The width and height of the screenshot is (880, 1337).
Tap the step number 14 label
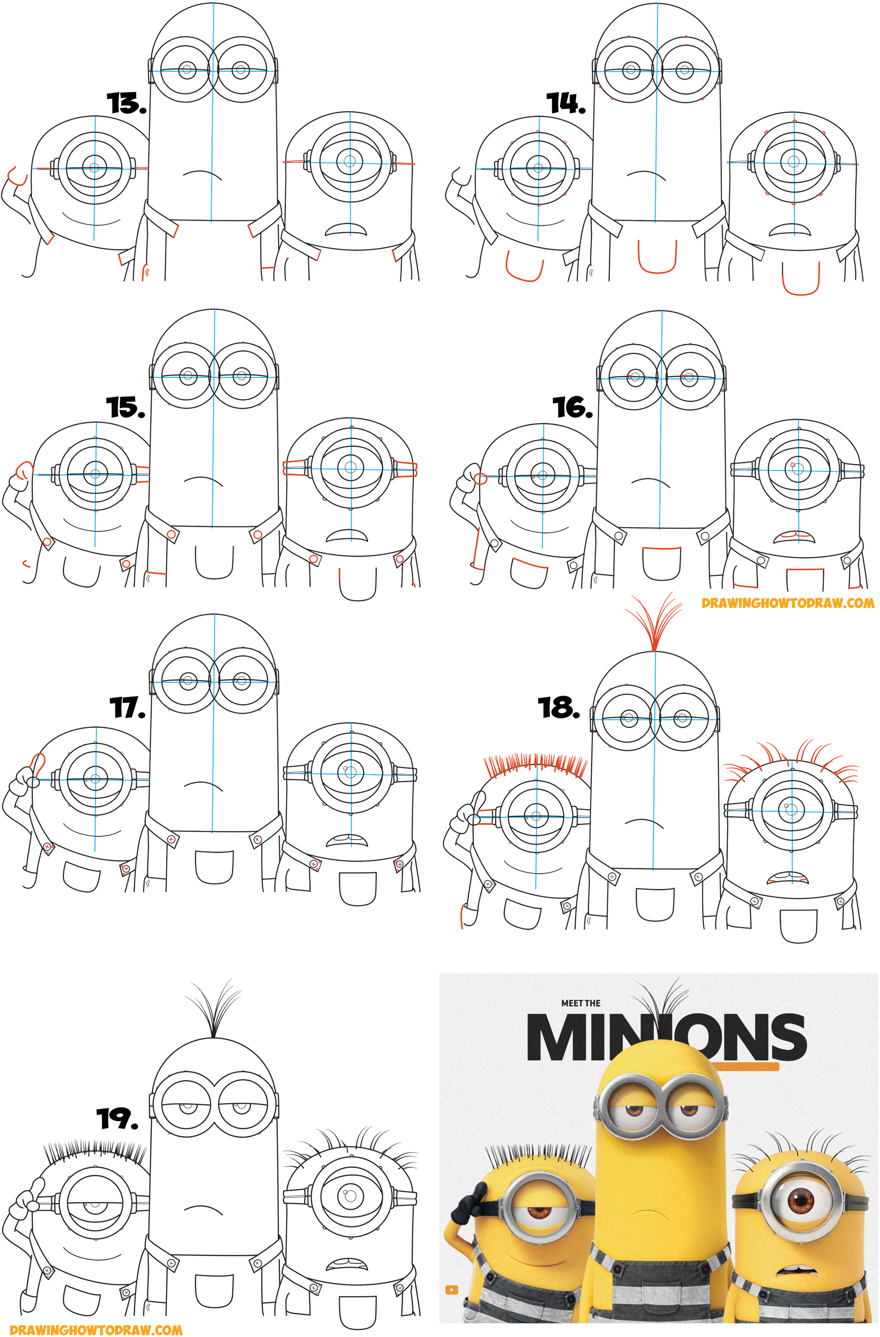coord(566,103)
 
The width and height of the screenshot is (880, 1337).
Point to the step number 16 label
coord(572,407)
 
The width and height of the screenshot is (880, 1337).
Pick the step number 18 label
coord(558,708)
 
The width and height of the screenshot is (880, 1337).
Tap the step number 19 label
coord(117,1118)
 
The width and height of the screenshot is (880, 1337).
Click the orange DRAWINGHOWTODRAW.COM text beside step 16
coord(788,603)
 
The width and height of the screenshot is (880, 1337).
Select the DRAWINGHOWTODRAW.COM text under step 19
coord(96,1329)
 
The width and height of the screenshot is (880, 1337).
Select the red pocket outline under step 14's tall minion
coord(657,257)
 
